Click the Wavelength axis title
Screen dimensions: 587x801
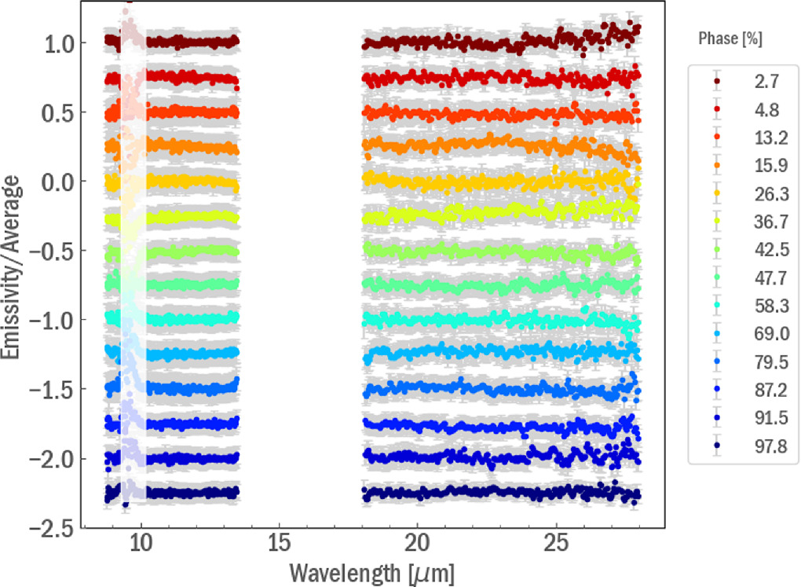point(371,571)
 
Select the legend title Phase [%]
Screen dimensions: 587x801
point(730,38)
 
